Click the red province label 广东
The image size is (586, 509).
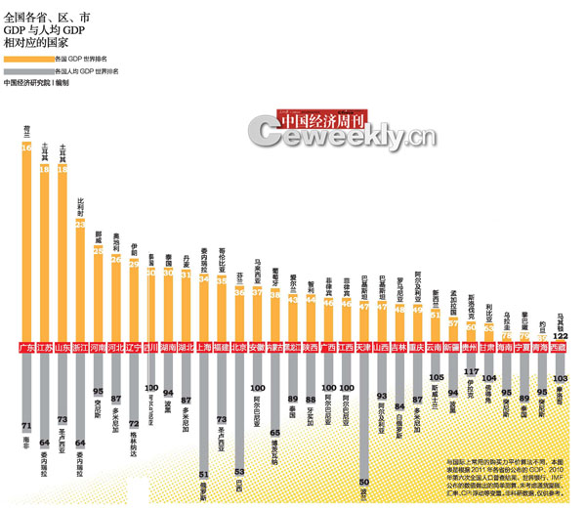tap(26, 347)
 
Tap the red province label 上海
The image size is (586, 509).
tap(203, 347)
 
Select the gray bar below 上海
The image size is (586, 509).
tap(203, 410)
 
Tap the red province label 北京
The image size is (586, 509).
tap(240, 347)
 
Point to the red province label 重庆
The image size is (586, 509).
tap(417, 347)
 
